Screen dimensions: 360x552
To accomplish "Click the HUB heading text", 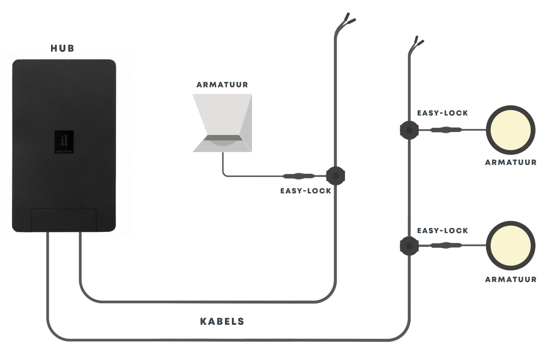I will pos(62,48).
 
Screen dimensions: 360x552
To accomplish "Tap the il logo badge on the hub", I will pos(64,142).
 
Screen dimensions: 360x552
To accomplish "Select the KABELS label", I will pos(222,321).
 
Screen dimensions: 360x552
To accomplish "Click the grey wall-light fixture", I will pos(222,123).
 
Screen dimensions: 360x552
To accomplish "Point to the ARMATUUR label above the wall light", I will pos(222,85).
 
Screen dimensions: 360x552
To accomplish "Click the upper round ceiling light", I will pos(510,130).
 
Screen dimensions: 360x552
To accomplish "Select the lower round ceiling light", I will pos(510,246).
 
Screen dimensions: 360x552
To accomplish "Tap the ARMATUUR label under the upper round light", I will pos(511,163).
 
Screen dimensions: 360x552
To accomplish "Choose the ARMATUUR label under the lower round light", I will pos(511,280).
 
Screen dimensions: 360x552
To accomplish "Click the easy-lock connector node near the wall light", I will pos(335,176).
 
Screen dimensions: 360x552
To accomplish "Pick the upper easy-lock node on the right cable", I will pos(409,130).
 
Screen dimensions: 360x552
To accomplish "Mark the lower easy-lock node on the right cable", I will pos(409,246).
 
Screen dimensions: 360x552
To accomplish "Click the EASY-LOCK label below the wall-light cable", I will pos(306,191).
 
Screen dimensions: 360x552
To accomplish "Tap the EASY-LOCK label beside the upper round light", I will pos(442,113).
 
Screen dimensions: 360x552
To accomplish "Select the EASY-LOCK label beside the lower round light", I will pos(442,231).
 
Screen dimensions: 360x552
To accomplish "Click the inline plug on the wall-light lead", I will pos(298,176).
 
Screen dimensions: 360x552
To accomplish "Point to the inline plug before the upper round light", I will pos(446,130).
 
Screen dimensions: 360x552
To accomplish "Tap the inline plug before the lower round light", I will pos(446,246).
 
